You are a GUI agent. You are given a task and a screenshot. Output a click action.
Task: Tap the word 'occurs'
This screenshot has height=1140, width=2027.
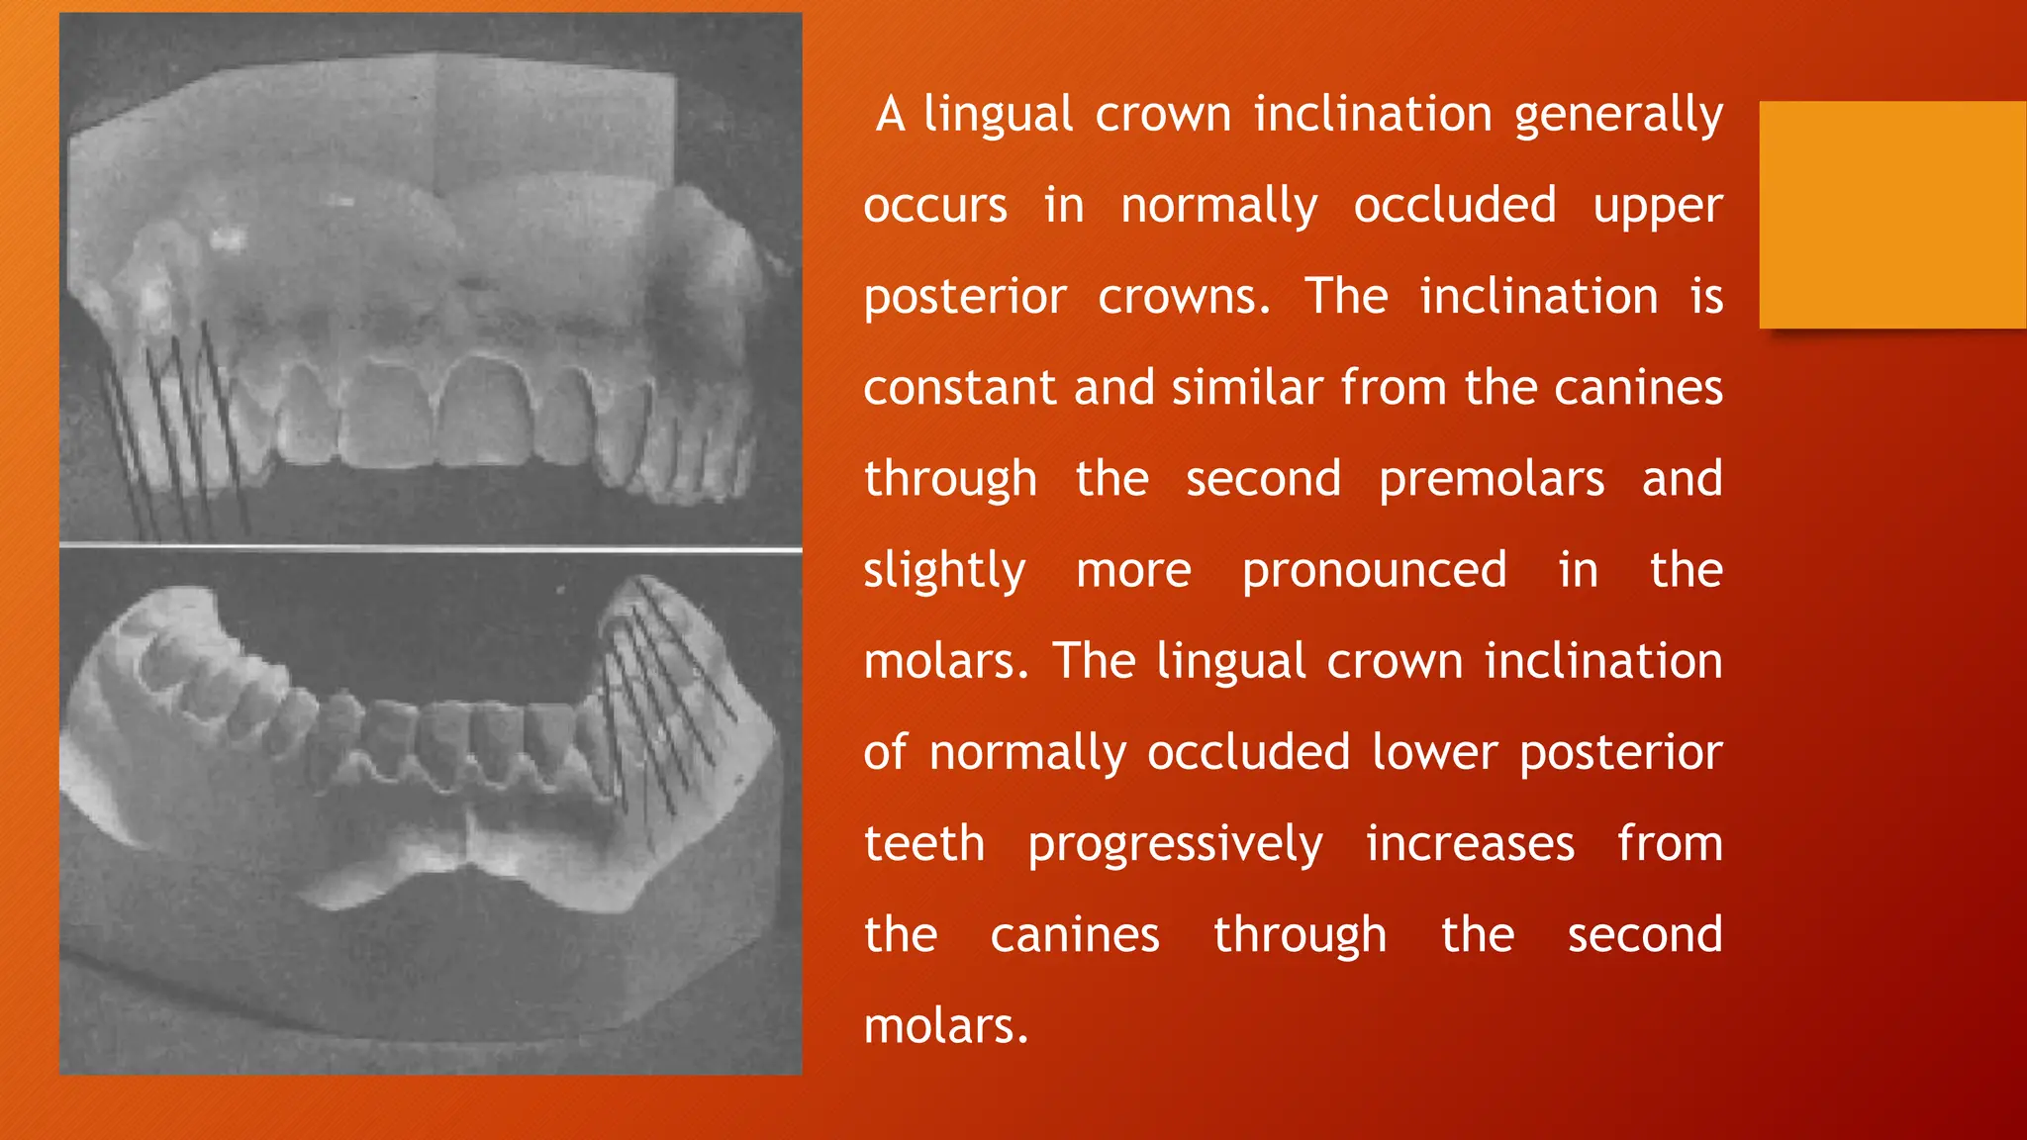(x=935, y=207)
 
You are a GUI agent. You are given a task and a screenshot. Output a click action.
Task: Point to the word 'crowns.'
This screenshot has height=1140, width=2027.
(x=1184, y=298)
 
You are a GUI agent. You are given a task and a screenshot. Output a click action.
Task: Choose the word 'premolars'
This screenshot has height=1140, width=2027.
(x=1492, y=480)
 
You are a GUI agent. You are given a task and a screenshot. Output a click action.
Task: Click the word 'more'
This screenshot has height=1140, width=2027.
(x=1133, y=571)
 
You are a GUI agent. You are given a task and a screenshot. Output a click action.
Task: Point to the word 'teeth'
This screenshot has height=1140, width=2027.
(x=924, y=844)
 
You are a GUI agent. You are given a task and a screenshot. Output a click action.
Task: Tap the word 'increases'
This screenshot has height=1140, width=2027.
(x=1470, y=844)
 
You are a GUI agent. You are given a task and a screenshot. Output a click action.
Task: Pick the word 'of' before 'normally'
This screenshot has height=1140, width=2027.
(x=884, y=753)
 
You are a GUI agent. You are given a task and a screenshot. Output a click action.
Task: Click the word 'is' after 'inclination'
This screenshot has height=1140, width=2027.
(x=1706, y=297)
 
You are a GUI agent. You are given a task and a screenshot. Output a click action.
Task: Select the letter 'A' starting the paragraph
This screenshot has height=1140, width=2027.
(x=890, y=115)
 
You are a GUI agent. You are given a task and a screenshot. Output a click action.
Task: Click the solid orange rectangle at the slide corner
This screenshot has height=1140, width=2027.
(x=1892, y=215)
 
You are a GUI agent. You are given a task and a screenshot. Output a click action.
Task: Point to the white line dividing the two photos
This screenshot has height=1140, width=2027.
(x=431, y=546)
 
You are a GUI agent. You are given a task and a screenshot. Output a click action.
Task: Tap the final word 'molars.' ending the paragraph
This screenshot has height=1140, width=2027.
(x=946, y=1026)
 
